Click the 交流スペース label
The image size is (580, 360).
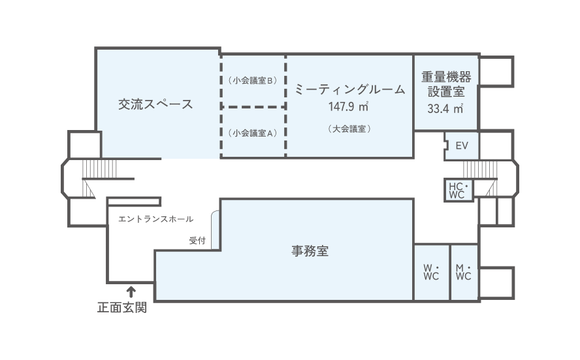(155, 104)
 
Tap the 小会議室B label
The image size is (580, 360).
(253, 80)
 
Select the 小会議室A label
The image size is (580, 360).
(253, 133)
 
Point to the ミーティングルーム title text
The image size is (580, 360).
(349, 89)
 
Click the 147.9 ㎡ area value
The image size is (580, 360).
(348, 106)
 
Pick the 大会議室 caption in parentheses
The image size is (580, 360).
(349, 129)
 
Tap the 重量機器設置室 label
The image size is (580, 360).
(446, 84)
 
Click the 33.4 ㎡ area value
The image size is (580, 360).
(445, 108)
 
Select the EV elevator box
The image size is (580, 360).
(461, 146)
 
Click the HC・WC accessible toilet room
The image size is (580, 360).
(459, 190)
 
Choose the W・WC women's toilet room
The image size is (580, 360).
(431, 272)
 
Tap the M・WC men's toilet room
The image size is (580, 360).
(464, 272)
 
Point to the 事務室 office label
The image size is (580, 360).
(310, 251)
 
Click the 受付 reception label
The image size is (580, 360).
(197, 240)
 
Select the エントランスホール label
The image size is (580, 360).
(155, 219)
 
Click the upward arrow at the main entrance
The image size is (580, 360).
(131, 292)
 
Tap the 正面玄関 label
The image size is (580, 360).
(122, 308)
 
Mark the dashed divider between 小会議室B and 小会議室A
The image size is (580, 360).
(253, 107)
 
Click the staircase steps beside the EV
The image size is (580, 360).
(480, 169)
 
